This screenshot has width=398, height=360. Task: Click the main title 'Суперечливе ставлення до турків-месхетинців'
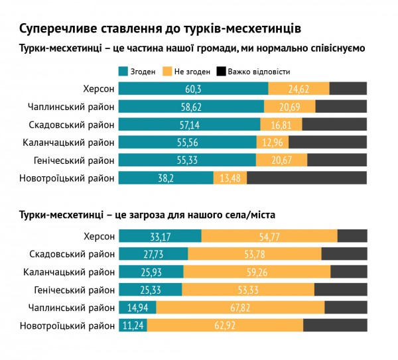[x=160, y=29]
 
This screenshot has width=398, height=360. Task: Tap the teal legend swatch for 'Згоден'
[x=123, y=72]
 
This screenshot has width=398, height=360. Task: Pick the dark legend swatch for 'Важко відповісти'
[x=222, y=72]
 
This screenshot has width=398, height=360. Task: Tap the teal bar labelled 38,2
[x=166, y=178]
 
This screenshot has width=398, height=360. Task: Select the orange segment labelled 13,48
[x=230, y=178]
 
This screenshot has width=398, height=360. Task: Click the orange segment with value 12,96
[x=273, y=143]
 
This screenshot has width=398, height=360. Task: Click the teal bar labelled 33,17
[x=160, y=236]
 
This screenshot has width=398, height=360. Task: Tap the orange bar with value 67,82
[x=241, y=307]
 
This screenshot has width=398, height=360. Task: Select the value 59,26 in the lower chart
[x=257, y=272]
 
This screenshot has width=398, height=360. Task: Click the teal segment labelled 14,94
[x=137, y=307]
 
